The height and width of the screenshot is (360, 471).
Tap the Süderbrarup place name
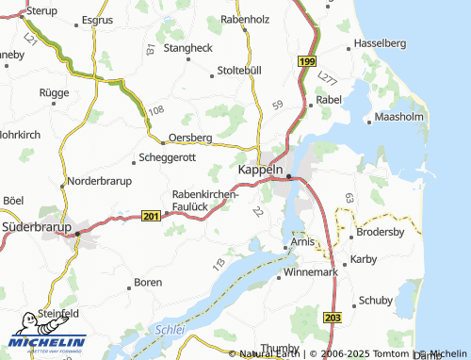37,227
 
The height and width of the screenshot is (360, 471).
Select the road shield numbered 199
307,61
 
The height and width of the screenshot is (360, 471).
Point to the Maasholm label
401,118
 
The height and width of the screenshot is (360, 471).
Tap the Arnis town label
302,242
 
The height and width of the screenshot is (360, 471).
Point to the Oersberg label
189,137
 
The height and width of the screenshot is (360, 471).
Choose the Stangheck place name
187,47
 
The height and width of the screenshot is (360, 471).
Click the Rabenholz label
246,18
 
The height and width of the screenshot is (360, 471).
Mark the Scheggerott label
168,157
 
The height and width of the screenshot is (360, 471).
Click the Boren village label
148,281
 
